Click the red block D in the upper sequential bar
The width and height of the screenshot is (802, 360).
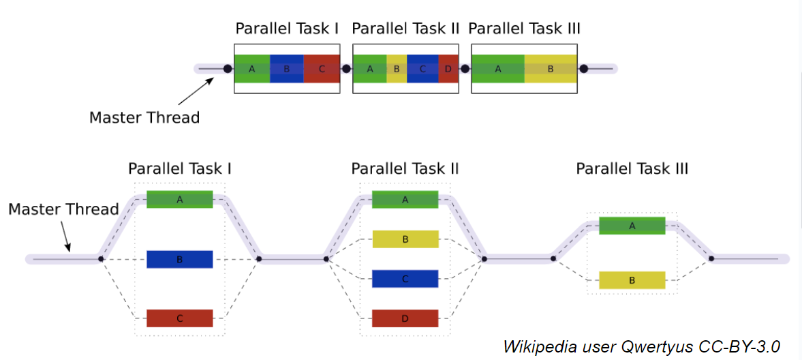[448, 69]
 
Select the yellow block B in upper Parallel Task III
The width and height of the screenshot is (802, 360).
[551, 69]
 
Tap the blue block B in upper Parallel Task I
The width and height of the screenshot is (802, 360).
[287, 69]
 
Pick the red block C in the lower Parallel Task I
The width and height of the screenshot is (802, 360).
[180, 318]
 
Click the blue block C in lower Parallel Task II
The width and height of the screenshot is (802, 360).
[405, 279]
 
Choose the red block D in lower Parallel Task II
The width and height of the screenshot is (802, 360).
[405, 318]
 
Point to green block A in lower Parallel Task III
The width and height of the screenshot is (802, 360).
[632, 226]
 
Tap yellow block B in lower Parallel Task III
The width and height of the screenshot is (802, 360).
[632, 280]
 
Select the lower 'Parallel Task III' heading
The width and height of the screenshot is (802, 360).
[632, 168]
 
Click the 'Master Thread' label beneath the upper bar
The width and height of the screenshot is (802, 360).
[144, 117]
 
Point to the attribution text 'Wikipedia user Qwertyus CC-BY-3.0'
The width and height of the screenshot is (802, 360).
[641, 346]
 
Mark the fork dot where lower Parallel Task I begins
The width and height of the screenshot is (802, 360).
[101, 259]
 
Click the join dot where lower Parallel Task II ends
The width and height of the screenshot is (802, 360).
[484, 259]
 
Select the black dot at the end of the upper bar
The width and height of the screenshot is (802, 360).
[583, 69]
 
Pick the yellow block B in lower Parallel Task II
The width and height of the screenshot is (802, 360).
[405, 239]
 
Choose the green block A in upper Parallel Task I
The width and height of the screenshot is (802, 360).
[252, 69]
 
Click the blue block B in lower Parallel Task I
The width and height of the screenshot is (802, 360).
[180, 259]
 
